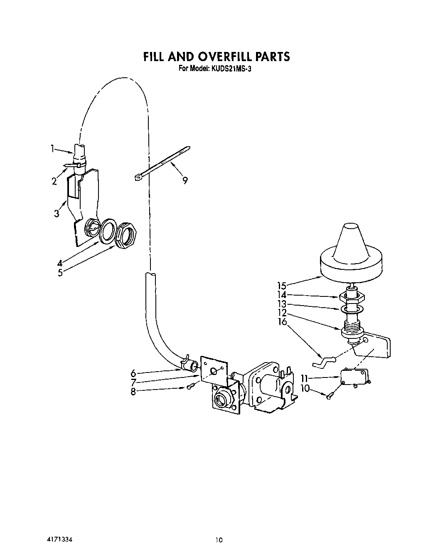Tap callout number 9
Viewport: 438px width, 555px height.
(185, 180)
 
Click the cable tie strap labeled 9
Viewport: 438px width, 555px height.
(162, 163)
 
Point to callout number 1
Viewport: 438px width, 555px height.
(53, 148)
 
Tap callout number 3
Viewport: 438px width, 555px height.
(57, 214)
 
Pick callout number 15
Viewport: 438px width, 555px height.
(282, 286)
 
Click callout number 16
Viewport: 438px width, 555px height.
(283, 321)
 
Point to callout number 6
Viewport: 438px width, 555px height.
(133, 373)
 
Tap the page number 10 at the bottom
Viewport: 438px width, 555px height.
(219, 540)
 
